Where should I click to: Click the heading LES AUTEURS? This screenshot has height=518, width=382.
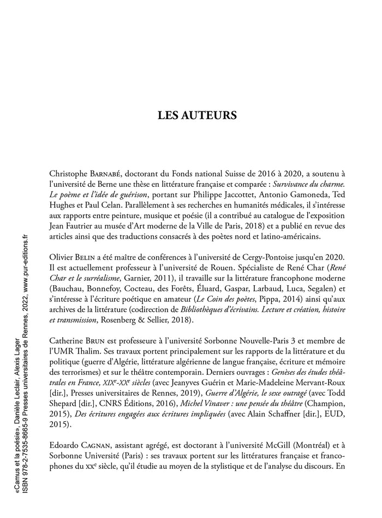tap(197, 116)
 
